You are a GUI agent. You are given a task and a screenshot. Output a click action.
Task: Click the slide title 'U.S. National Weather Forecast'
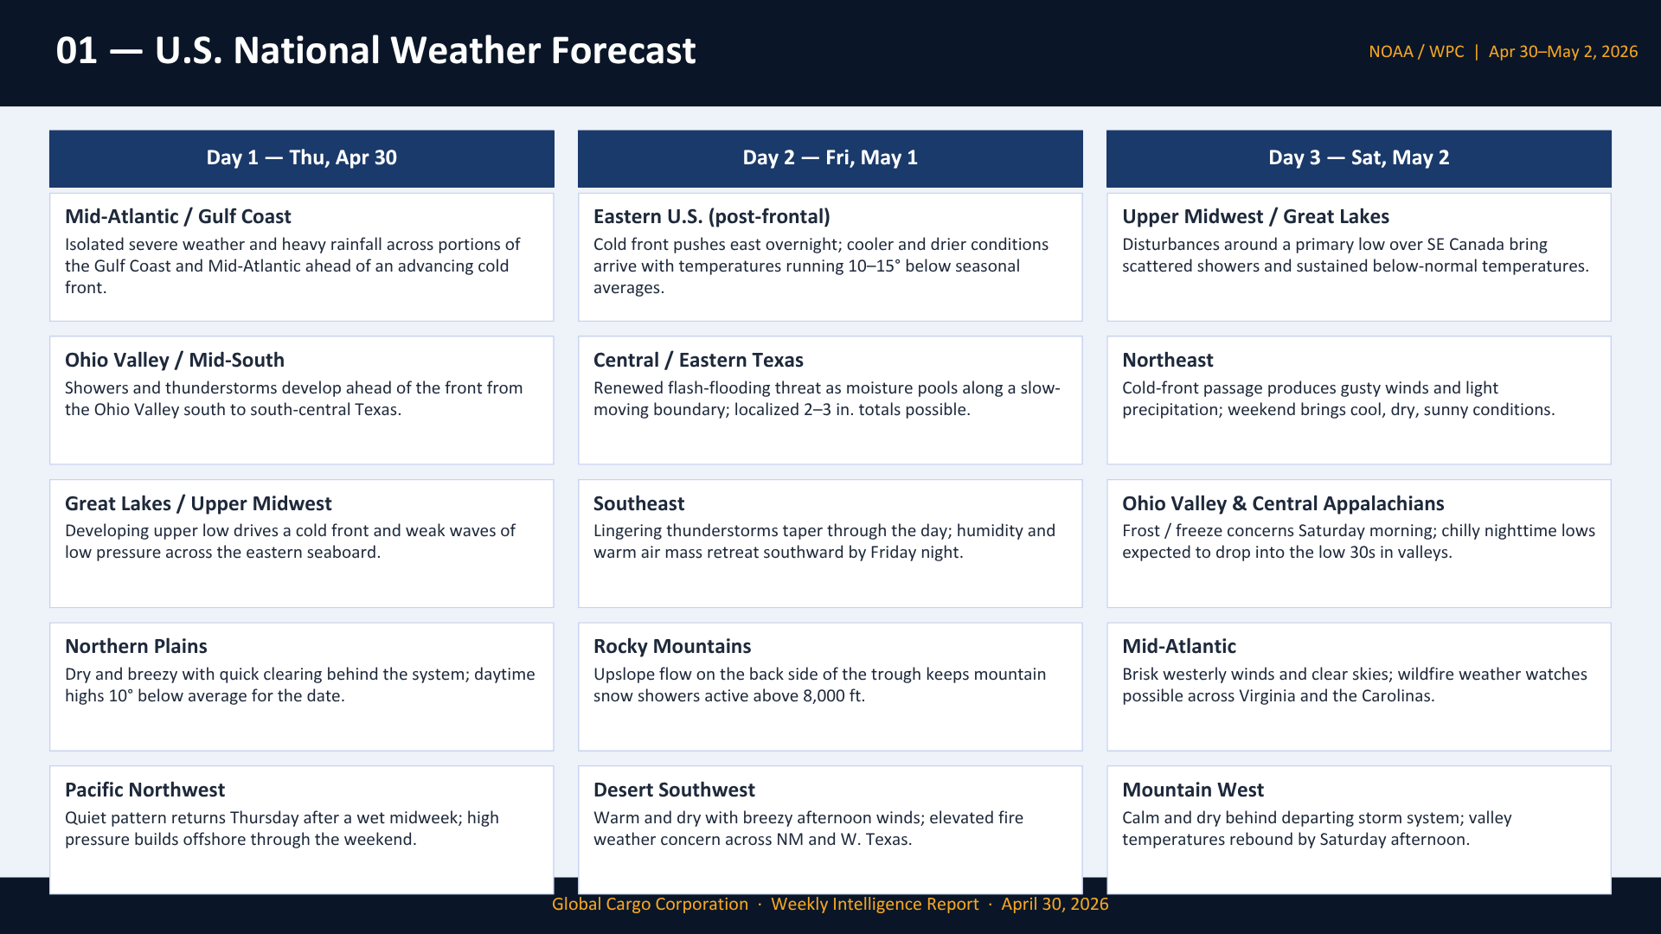point(425,50)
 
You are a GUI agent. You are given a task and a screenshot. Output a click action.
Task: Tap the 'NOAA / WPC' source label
point(1416,52)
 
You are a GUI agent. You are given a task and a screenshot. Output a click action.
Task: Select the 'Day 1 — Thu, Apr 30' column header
point(301,157)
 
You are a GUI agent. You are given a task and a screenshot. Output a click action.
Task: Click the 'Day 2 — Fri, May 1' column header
point(830,157)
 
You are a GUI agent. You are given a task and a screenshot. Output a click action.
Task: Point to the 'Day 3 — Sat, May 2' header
point(1358,157)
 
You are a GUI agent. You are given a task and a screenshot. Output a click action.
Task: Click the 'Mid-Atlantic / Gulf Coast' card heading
point(177,216)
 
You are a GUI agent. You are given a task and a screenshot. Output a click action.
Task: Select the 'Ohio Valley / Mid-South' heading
point(174,360)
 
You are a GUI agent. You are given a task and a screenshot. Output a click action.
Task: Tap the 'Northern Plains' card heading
point(136,646)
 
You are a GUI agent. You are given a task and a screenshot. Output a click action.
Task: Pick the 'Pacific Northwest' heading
point(144,790)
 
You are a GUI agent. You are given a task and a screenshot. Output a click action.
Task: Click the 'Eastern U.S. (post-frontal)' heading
point(711,216)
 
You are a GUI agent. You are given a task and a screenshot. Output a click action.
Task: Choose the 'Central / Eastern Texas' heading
point(698,360)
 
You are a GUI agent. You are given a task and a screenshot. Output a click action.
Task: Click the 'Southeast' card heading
point(638,503)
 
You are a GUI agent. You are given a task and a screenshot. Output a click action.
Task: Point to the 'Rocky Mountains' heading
point(672,646)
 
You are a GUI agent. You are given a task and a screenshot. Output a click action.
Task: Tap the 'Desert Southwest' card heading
point(674,790)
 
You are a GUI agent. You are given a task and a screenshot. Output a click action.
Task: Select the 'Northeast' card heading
point(1167,360)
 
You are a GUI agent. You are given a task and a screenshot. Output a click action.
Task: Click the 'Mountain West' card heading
point(1192,790)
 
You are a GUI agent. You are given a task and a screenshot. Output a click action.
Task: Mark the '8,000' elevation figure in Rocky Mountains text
point(824,696)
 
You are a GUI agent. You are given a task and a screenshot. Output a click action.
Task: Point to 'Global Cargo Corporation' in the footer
point(650,904)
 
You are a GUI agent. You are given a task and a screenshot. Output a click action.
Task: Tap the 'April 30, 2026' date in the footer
point(1055,904)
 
